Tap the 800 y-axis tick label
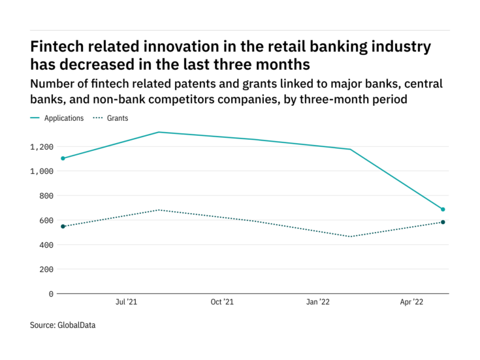(x=45, y=195)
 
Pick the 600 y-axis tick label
(x=45, y=220)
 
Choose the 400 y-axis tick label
(x=45, y=244)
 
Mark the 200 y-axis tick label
(x=45, y=269)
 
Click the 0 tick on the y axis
(x=50, y=293)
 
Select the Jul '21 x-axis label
(x=126, y=303)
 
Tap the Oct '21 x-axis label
(x=222, y=303)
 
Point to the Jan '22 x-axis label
(x=318, y=303)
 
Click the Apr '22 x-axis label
(x=413, y=303)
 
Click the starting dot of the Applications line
(x=63, y=158)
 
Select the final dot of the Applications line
(x=443, y=209)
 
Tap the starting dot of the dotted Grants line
(x=63, y=226)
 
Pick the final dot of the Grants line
(x=443, y=222)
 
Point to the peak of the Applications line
(x=159, y=132)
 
